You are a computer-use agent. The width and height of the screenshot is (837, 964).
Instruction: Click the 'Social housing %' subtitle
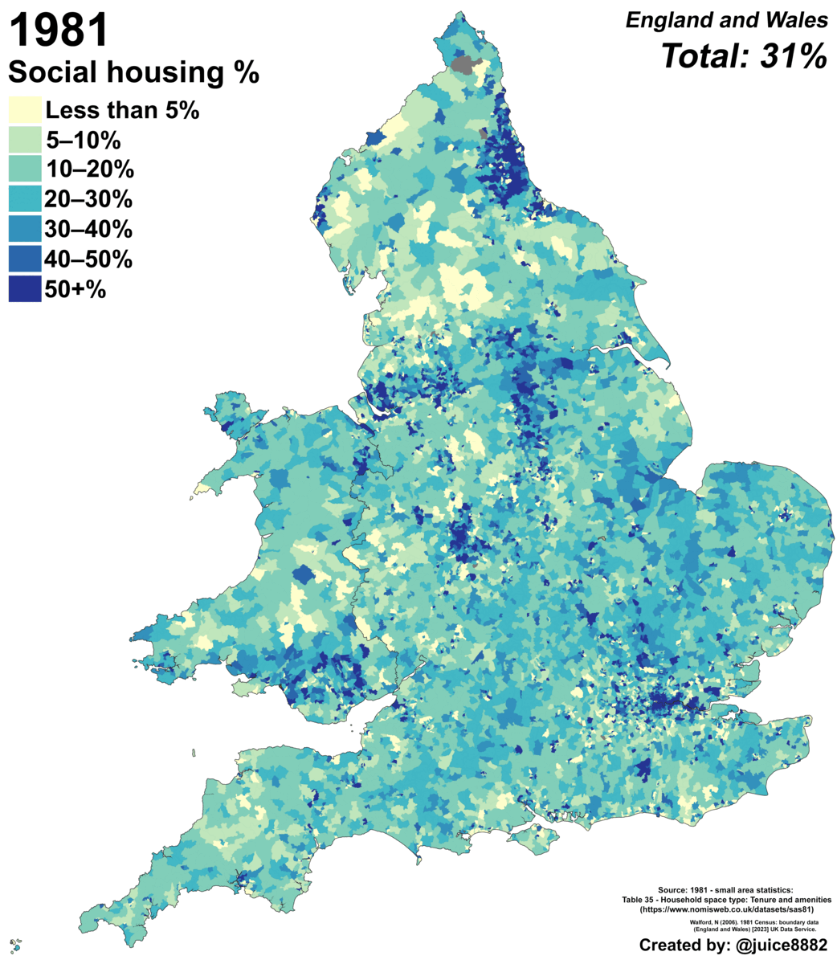pos(133,73)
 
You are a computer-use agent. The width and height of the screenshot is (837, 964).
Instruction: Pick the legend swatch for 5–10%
pos(24,141)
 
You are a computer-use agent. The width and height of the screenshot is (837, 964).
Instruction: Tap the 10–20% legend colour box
pos(24,170)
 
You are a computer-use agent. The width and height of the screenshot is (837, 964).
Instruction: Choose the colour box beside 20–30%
pos(24,200)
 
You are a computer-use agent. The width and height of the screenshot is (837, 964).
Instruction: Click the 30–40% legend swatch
pos(24,230)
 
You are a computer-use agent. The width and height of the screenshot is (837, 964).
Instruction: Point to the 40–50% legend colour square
pos(24,259)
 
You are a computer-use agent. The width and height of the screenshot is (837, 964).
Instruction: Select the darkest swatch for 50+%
pos(24,289)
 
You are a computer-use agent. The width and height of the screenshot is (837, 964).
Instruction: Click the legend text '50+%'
pos(76,289)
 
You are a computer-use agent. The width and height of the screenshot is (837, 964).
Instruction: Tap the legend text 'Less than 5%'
pos(121,111)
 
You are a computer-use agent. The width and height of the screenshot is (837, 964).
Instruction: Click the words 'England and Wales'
pos(726,22)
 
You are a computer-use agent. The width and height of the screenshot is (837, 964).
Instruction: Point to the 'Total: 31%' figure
pos(743,56)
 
